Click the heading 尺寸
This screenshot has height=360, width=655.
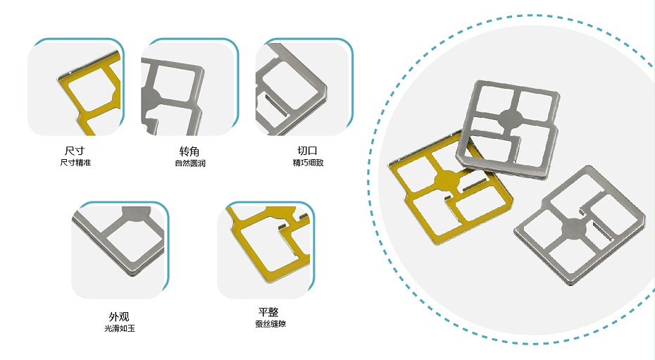click(75, 150)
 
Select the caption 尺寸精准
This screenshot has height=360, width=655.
click(75, 163)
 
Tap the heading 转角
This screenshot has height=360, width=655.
click(189, 151)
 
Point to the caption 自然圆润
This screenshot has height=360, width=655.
click(190, 163)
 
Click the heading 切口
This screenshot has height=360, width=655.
click(308, 150)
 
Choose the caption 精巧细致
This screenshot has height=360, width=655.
click(308, 163)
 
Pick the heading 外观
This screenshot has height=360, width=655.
click(119, 316)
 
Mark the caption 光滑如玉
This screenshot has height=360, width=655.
click(120, 329)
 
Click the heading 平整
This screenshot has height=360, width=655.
click(268, 312)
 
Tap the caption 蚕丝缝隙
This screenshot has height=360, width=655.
click(270, 324)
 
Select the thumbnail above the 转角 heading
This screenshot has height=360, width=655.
click(190, 87)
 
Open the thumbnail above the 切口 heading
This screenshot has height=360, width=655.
click(304, 87)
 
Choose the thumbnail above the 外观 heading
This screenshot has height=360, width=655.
click(120, 249)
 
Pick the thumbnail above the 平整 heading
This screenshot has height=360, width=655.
click(266, 249)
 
